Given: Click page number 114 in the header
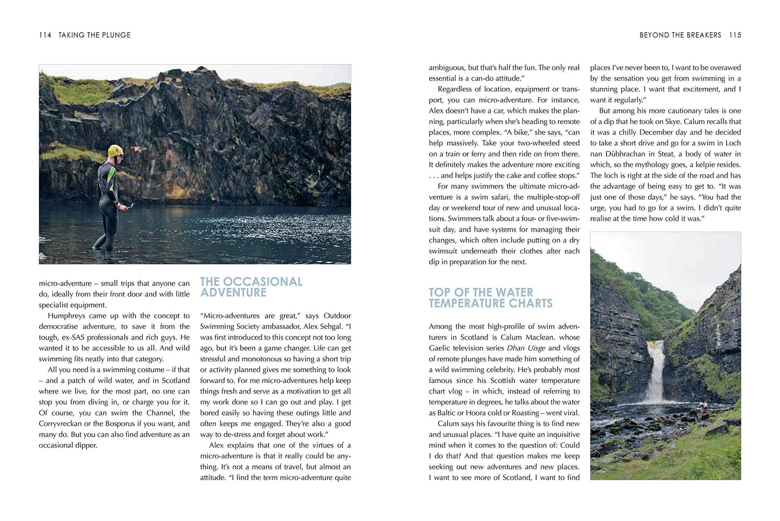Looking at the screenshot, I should pyautogui.click(x=45, y=35).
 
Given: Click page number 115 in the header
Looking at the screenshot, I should pyautogui.click(x=735, y=35).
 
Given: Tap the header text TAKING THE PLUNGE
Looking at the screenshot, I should pyautogui.click(x=94, y=35).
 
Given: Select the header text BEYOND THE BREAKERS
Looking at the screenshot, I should pyautogui.click(x=680, y=35).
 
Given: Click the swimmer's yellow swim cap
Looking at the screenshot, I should pyautogui.click(x=115, y=151).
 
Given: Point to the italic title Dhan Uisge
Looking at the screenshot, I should pyautogui.click(x=526, y=348).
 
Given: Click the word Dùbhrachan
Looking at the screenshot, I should pyautogui.click(x=627, y=154).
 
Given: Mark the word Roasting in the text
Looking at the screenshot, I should pyautogui.click(x=525, y=413).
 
